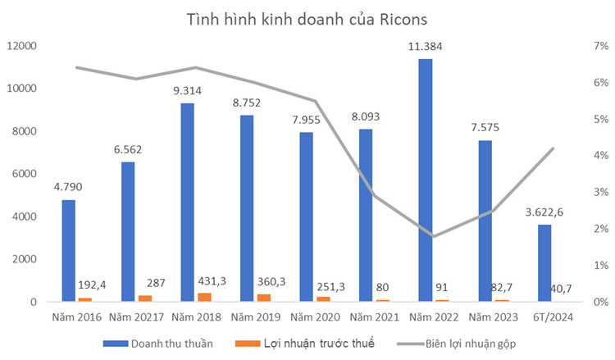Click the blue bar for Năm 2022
point(425,180)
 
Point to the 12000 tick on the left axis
point(23,46)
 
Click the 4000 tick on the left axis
point(26,216)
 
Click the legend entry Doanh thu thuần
point(171,344)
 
